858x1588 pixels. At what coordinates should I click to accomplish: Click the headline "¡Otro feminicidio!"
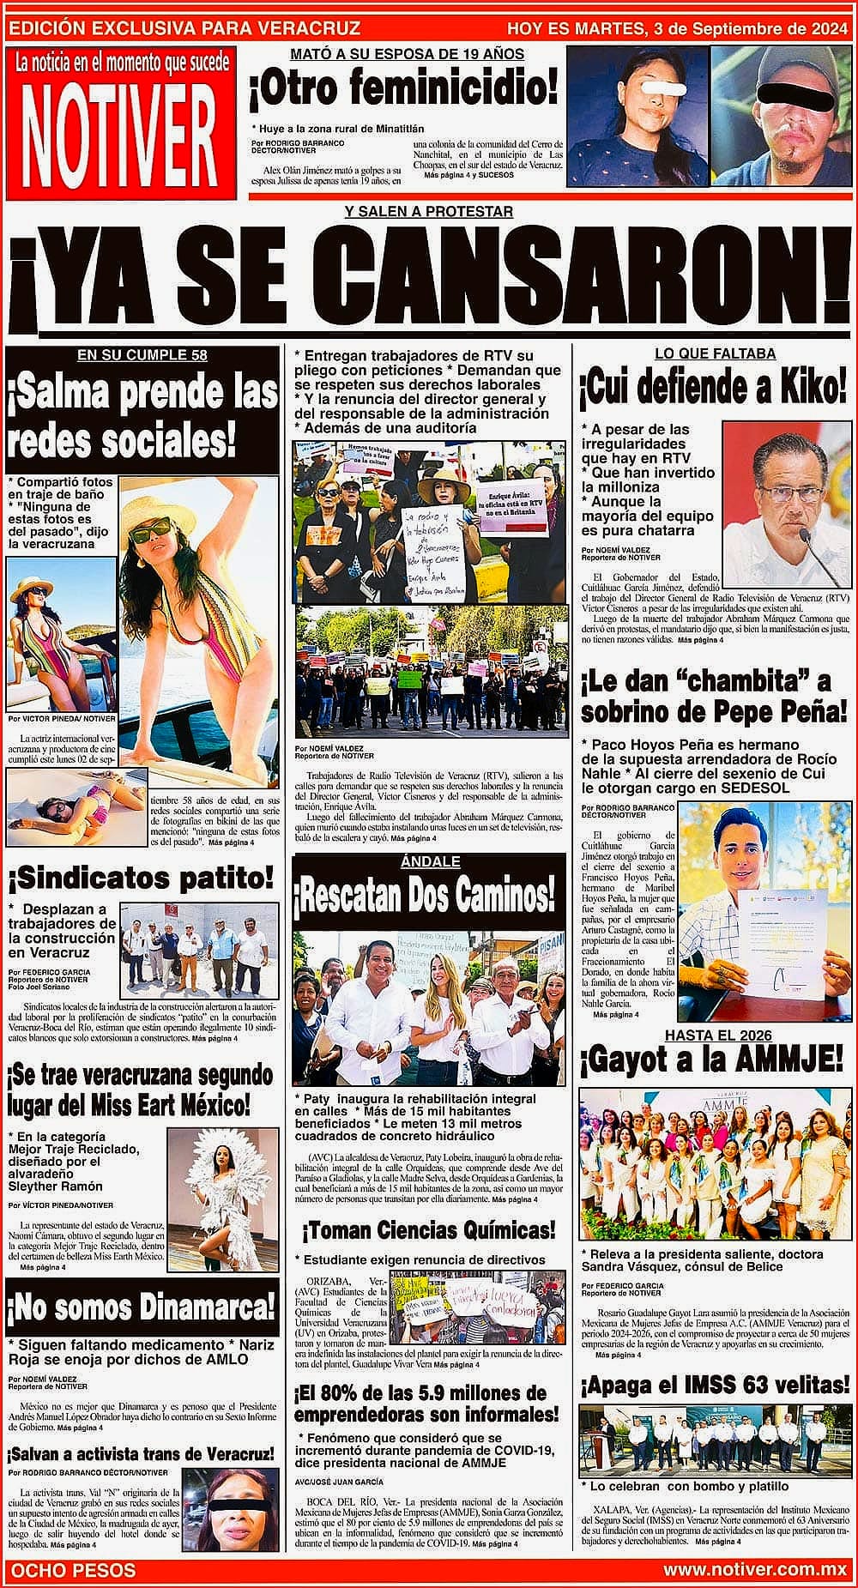click(x=403, y=89)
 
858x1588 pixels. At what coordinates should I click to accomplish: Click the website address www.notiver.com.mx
click(x=755, y=1571)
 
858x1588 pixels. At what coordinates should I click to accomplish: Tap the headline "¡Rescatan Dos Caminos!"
click(x=425, y=897)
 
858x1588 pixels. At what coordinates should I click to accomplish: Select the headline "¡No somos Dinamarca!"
click(x=142, y=1307)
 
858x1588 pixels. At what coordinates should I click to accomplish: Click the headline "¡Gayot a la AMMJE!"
click(x=712, y=1061)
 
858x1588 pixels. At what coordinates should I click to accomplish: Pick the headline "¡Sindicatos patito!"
click(x=142, y=878)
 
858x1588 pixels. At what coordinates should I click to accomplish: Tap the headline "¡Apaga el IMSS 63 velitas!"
click(x=714, y=1385)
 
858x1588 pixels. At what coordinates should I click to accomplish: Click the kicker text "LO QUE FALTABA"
click(x=715, y=353)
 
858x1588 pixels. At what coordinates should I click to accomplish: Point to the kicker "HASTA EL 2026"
click(x=717, y=1035)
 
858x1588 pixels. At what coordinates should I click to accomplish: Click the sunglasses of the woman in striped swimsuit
click(x=150, y=533)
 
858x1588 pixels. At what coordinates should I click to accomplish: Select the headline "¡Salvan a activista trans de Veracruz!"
click(x=142, y=1453)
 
